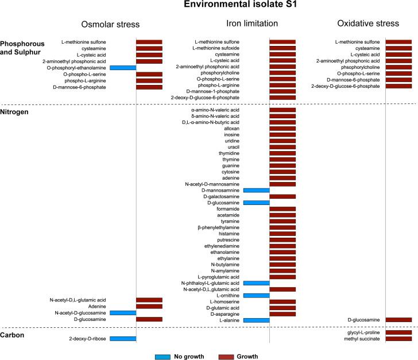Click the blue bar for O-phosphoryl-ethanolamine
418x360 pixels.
click(x=123, y=68)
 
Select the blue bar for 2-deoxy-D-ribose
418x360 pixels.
click(x=123, y=339)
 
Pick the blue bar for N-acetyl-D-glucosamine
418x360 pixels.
click(x=123, y=313)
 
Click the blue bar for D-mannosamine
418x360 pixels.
click(x=257, y=190)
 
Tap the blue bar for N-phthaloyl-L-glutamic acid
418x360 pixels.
click(x=257, y=283)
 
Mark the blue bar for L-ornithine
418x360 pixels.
click(x=257, y=295)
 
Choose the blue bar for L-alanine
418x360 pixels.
click(x=257, y=320)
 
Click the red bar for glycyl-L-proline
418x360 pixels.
click(x=398, y=332)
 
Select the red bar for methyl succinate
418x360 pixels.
click(x=398, y=339)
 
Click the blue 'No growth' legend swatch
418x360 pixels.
click(x=168, y=357)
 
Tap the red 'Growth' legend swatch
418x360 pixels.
click(x=233, y=357)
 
